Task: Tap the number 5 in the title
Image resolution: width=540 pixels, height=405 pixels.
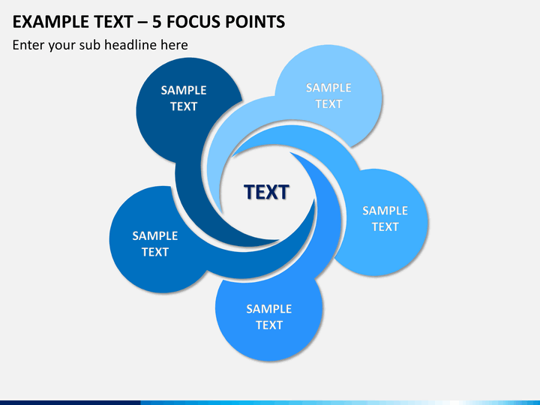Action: click(x=157, y=22)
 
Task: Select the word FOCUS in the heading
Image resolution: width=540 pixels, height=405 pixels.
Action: click(x=193, y=22)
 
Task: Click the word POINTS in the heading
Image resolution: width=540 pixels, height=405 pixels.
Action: click(x=255, y=22)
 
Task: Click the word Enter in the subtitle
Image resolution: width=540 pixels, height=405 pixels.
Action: click(x=28, y=45)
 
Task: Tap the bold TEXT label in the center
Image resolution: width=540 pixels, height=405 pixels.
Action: click(x=266, y=192)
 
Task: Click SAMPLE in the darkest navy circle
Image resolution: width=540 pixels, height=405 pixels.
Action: click(x=184, y=90)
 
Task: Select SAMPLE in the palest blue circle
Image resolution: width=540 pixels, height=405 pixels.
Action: click(x=328, y=88)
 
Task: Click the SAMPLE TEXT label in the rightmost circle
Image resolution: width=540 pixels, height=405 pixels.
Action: click(x=385, y=219)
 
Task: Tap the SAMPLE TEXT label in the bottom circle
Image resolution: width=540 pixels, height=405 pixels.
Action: click(x=269, y=316)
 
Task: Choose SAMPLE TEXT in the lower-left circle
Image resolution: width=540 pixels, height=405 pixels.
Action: click(x=155, y=244)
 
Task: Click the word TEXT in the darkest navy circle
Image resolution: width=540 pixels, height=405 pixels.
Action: click(x=184, y=106)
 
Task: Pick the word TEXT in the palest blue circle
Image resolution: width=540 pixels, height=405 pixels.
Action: click(x=328, y=104)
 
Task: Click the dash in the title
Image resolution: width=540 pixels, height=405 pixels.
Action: click(x=142, y=22)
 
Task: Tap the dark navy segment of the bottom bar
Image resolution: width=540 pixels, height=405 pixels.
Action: click(x=70, y=403)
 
